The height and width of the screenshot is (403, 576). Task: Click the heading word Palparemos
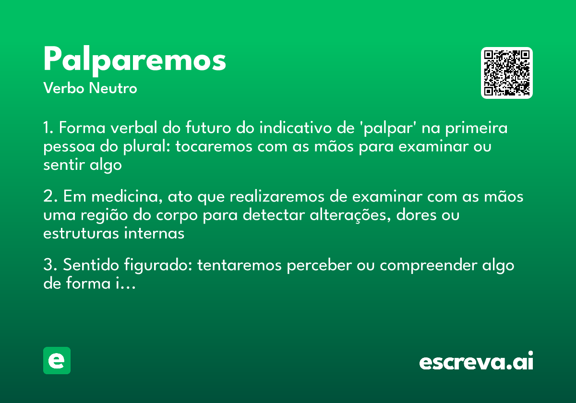pyautogui.click(x=134, y=60)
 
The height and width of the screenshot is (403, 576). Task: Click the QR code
pyautogui.click(x=507, y=73)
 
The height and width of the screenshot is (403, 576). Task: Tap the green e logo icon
pyautogui.click(x=57, y=360)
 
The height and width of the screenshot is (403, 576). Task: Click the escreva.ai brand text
pyautogui.click(x=476, y=362)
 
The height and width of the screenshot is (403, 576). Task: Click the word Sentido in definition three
pyautogui.click(x=89, y=265)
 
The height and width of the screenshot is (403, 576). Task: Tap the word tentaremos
pyautogui.click(x=239, y=265)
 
